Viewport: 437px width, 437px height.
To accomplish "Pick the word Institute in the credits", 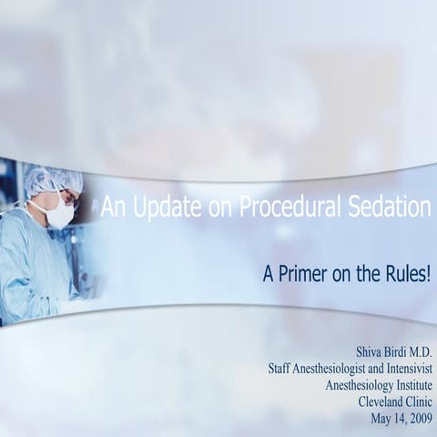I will (408, 384).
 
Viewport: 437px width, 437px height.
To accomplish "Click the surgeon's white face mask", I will (59, 216).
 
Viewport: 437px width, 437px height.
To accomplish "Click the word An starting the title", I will (112, 208).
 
